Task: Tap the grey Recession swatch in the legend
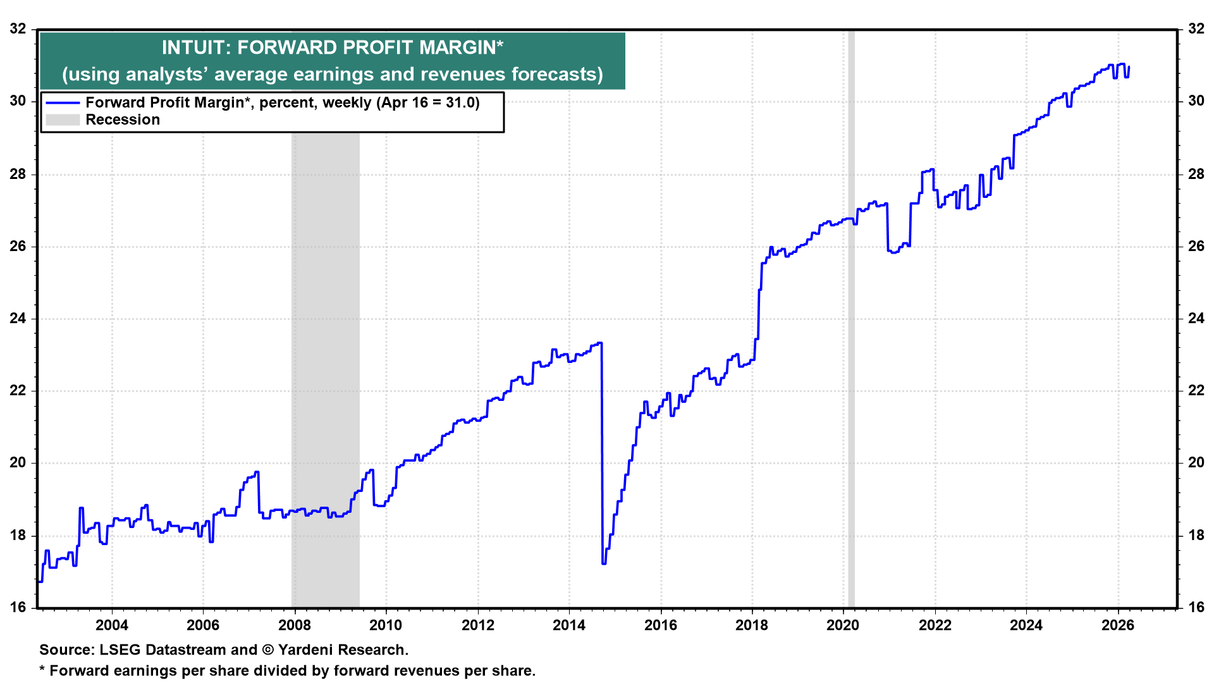pos(63,120)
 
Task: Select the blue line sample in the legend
pos(63,102)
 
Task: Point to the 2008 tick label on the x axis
pos(294,625)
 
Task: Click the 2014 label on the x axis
pos(568,625)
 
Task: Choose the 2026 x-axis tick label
pos(1117,625)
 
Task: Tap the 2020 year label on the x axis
pos(843,625)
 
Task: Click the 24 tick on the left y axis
pos(18,318)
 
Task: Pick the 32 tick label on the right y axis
pos(1196,28)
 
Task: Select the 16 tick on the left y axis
pos(18,607)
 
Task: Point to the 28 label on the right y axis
pos(1196,174)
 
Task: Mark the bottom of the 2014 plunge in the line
pos(604,563)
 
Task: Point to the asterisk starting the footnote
pos(42,669)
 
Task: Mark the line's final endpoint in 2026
pos(1129,67)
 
